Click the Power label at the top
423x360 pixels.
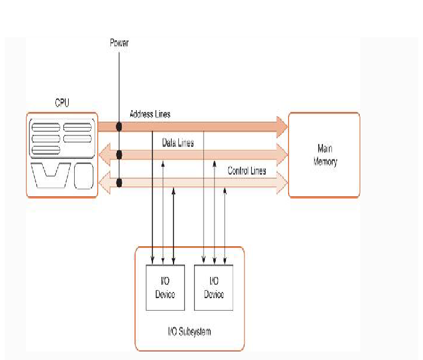[x=119, y=43]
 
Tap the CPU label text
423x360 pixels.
[x=62, y=104]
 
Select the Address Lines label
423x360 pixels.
[x=150, y=114]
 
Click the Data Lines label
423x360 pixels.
[x=178, y=143]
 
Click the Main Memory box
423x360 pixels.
[x=324, y=155]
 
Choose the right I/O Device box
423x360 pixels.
[x=213, y=288]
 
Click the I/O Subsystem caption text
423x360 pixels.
[x=189, y=331]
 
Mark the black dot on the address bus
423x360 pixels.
[x=119, y=126]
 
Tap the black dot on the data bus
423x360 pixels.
[x=119, y=155]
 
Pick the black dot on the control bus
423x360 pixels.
[x=119, y=182]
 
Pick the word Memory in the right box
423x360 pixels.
[x=325, y=162]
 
